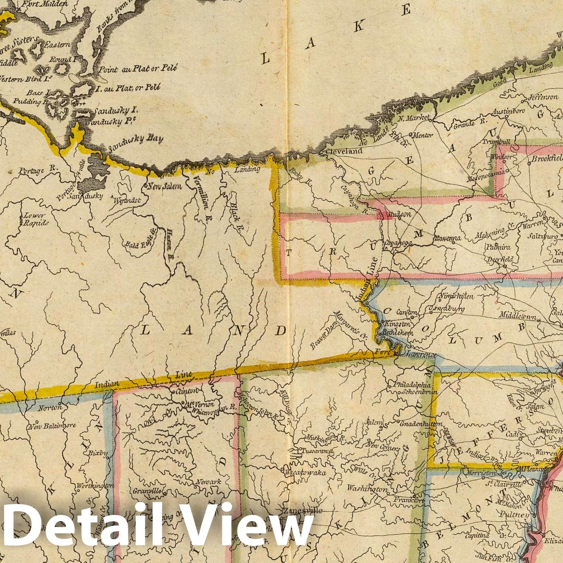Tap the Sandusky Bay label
point(135,144)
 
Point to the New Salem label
point(164,186)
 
